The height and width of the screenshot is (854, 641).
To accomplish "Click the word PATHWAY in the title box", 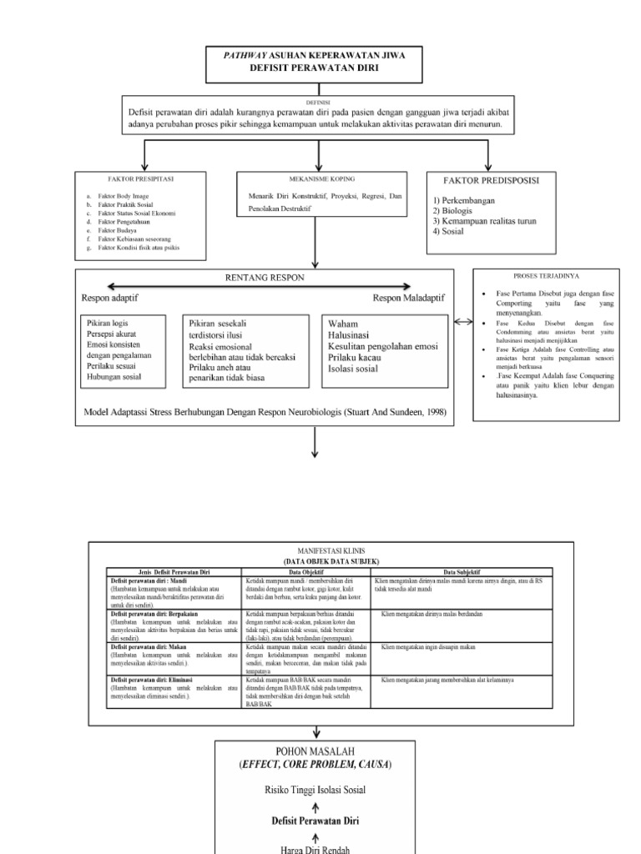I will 247,56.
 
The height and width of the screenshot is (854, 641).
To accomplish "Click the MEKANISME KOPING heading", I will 320,178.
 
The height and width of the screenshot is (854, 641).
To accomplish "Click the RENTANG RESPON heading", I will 266,277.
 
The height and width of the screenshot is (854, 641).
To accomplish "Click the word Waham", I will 344,324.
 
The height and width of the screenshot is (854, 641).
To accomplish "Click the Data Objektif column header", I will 307,571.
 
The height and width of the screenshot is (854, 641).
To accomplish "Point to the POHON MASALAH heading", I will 320,751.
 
